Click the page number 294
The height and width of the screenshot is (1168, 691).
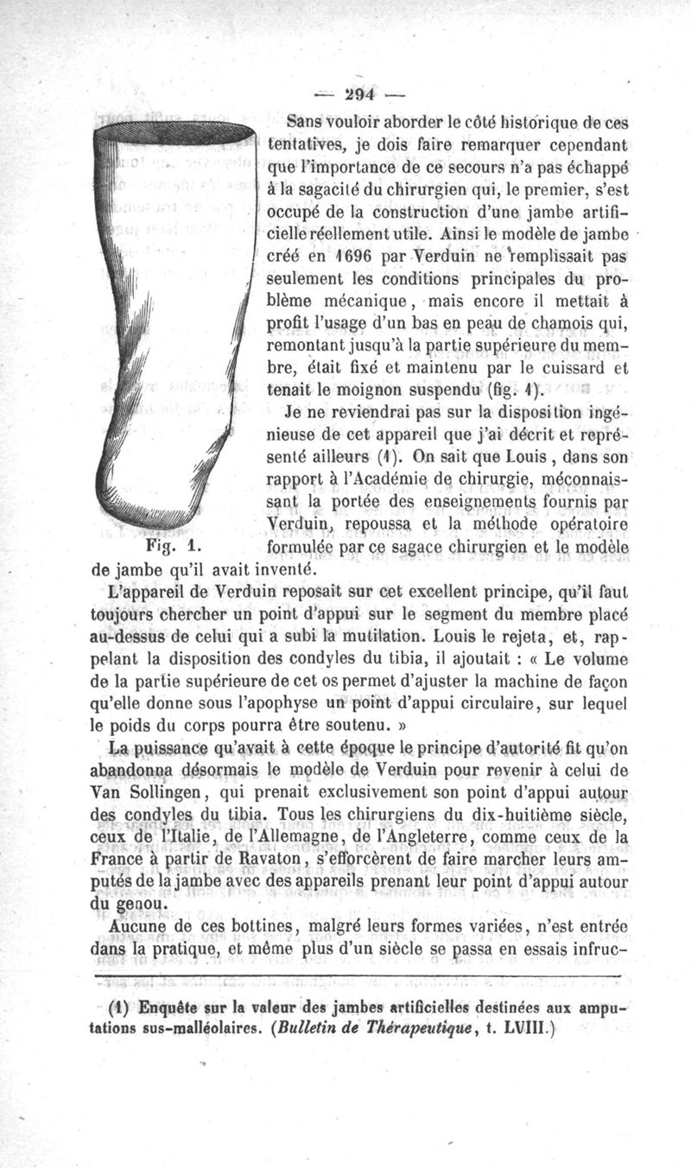coord(345,94)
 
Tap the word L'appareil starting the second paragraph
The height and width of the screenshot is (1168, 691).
coord(147,593)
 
